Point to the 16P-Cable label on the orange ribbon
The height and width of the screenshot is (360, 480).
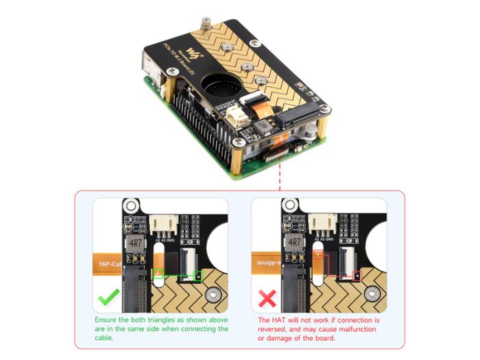pyautogui.click(x=107, y=263)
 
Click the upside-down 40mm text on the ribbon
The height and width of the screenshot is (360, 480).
pyautogui.click(x=267, y=263)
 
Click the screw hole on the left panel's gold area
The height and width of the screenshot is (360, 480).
pyautogui.click(x=213, y=297)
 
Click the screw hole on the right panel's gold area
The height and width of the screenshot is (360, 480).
pyautogui.click(x=371, y=297)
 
